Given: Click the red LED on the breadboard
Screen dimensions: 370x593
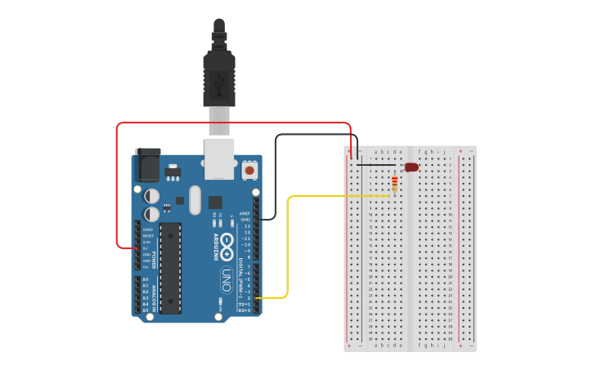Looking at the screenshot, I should pos(411,167).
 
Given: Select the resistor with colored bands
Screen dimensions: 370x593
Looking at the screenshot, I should pos(394,184).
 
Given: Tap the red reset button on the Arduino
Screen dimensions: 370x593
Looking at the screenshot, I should pos(249,170).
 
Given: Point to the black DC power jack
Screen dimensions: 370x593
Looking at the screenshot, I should pos(148,166).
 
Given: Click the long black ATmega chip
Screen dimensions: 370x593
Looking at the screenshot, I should pos(170,267).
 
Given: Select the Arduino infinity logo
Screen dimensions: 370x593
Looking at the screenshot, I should pos(227,243).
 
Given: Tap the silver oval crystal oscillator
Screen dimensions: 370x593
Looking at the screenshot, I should pos(194,200).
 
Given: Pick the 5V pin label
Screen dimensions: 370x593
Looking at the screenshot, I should pos(146,248).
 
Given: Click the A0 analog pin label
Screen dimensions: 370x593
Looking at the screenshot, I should pos(146,279).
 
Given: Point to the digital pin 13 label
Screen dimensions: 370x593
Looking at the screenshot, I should pos(246,226).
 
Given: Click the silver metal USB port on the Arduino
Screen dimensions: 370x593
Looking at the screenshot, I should pos(218,158).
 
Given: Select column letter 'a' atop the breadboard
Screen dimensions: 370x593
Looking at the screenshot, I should pos(375,151).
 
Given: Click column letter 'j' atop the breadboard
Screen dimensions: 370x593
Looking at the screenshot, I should pos(445,151).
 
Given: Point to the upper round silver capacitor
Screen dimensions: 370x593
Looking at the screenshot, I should pos(152,196).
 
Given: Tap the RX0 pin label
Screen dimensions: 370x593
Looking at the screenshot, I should pos(245,310).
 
